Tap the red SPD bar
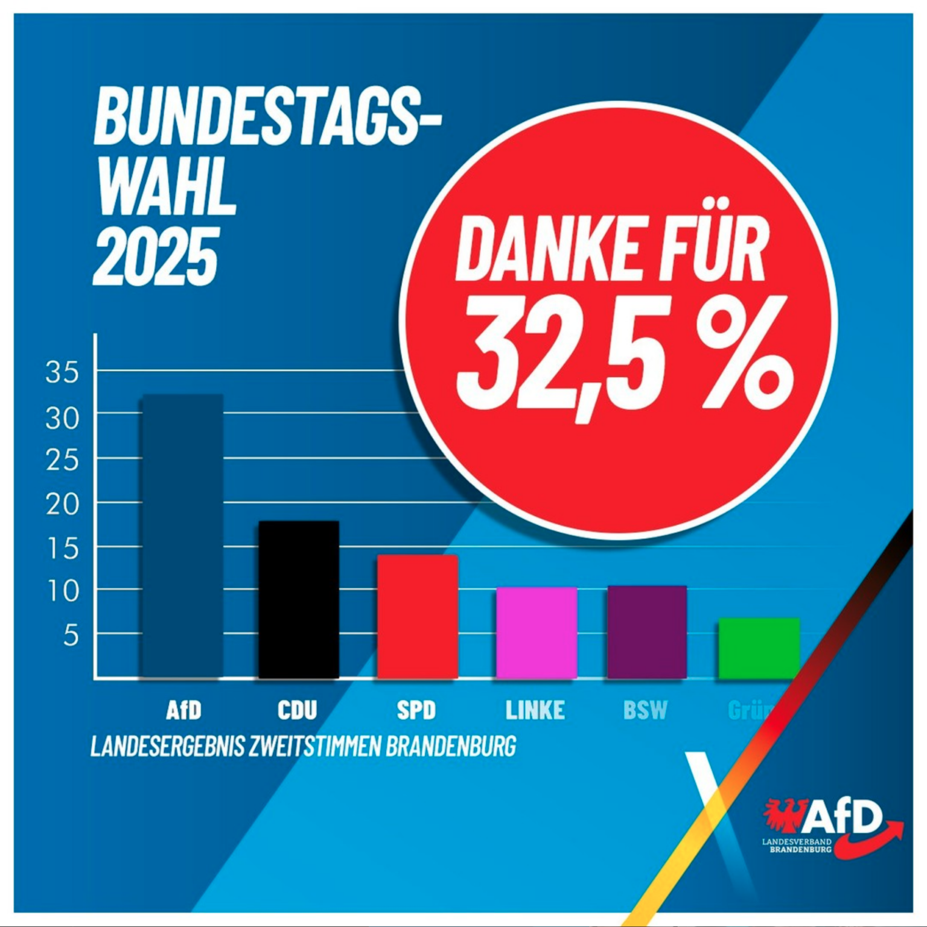pyautogui.click(x=417, y=616)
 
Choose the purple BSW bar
pyautogui.click(x=646, y=632)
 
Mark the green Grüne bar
pyautogui.click(x=759, y=648)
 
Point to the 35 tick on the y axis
pyautogui.click(x=62, y=372)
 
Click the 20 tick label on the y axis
pyautogui.click(x=62, y=504)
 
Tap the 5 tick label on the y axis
pyautogui.click(x=71, y=636)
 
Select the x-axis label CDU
pyautogui.click(x=297, y=710)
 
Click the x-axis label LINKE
pyautogui.click(x=535, y=710)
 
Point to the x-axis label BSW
pyautogui.click(x=645, y=710)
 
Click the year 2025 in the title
pyautogui.click(x=155, y=256)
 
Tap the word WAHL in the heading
pyautogui.click(x=166, y=185)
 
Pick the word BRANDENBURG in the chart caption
pyautogui.click(x=451, y=747)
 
